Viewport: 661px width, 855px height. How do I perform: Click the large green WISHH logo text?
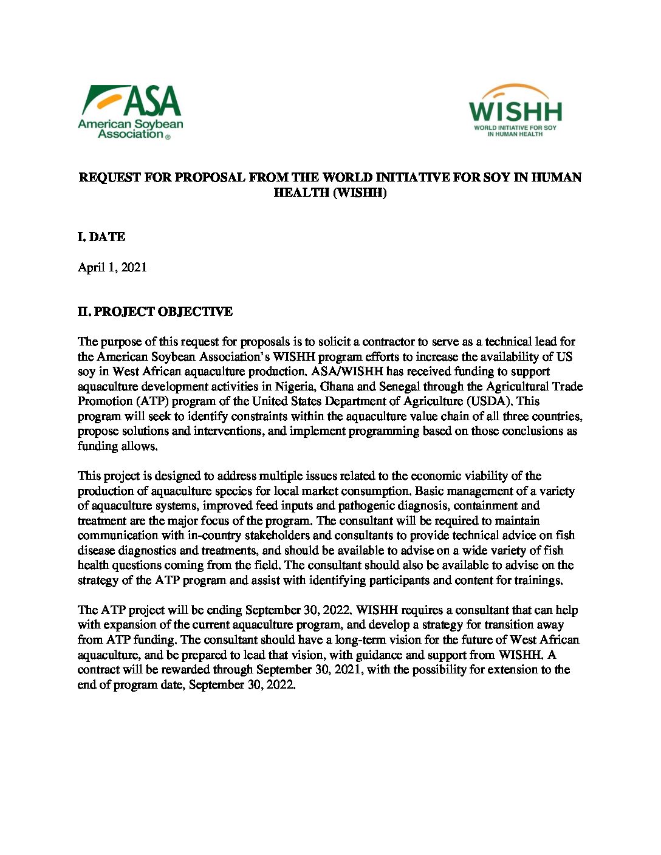[x=515, y=112]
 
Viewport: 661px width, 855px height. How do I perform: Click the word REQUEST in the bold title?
[x=109, y=177]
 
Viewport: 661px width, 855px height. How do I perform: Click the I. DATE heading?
[x=101, y=237]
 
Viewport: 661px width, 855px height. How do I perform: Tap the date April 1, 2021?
[x=112, y=267]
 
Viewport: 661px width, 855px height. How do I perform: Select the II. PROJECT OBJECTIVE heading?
[x=155, y=312]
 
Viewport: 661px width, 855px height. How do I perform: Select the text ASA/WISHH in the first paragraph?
[x=347, y=371]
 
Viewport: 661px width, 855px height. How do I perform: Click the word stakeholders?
[x=277, y=535]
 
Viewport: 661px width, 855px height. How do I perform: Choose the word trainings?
[x=536, y=580]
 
